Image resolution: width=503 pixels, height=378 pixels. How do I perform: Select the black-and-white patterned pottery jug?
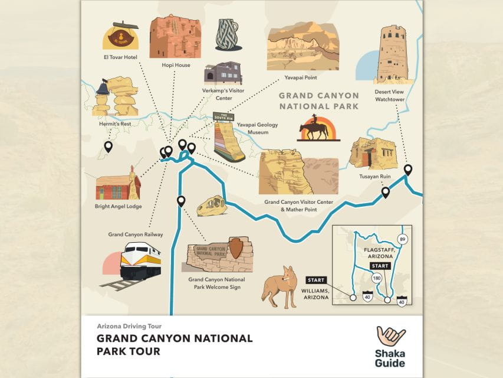pyautogui.click(x=226, y=33)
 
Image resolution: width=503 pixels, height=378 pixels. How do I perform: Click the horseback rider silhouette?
pyautogui.click(x=315, y=127)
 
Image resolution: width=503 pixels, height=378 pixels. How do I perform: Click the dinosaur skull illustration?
pyautogui.click(x=211, y=206)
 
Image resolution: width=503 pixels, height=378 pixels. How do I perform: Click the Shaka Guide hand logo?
pyautogui.click(x=390, y=337)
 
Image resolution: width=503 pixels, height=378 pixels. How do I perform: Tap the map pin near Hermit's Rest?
pyautogui.click(x=109, y=146)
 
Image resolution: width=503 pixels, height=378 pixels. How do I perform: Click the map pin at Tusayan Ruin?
pyautogui.click(x=386, y=192)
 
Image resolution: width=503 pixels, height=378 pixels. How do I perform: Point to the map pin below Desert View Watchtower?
pyautogui.click(x=407, y=170)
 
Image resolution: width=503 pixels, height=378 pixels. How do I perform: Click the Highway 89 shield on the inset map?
pyautogui.click(x=402, y=239)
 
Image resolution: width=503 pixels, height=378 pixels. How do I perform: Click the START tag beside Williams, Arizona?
pyautogui.click(x=316, y=280)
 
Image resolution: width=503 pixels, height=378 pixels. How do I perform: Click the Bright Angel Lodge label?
pyautogui.click(x=118, y=207)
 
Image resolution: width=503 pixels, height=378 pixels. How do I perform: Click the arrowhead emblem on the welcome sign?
pyautogui.click(x=236, y=248)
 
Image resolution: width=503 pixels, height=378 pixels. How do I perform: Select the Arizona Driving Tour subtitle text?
pyautogui.click(x=129, y=326)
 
